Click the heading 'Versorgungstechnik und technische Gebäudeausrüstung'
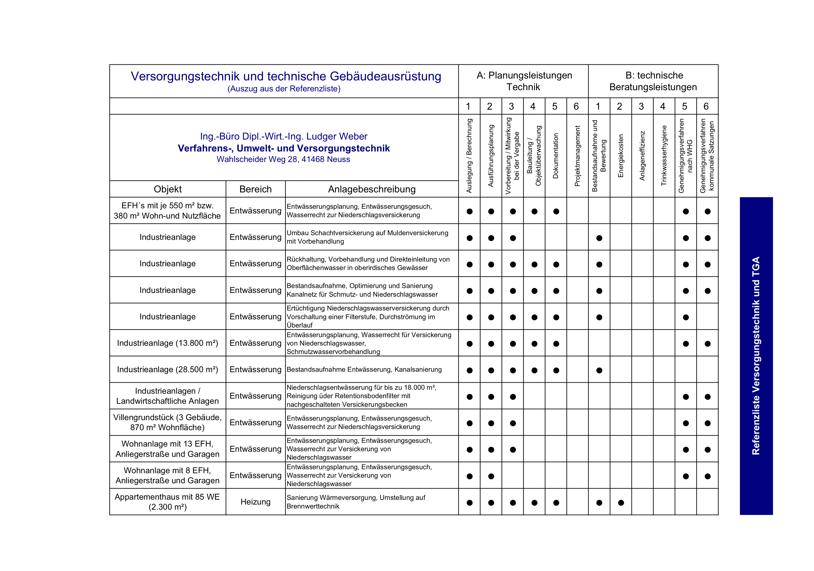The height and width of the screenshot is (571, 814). [x=286, y=76]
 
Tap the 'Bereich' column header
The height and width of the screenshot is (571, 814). [x=255, y=189]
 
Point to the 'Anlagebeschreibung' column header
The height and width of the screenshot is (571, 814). [x=372, y=189]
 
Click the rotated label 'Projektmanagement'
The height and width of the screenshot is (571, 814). [x=577, y=156]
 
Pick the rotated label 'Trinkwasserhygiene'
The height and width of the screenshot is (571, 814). [x=664, y=156]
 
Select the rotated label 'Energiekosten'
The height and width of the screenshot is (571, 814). [x=620, y=156]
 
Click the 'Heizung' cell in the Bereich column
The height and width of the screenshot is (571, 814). [x=255, y=502]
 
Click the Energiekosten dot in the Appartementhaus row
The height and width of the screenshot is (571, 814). [x=621, y=503]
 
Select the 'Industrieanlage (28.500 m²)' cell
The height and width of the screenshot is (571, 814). [x=167, y=369]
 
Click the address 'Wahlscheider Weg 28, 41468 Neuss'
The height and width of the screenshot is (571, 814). [x=283, y=159]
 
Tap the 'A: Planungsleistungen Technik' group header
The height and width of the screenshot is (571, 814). [x=524, y=81]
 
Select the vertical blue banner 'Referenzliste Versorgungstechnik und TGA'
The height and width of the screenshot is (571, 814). [x=756, y=356]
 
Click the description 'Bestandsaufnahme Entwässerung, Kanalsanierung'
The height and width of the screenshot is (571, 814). [x=364, y=369]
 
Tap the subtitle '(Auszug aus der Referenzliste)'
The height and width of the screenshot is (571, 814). [x=284, y=89]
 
